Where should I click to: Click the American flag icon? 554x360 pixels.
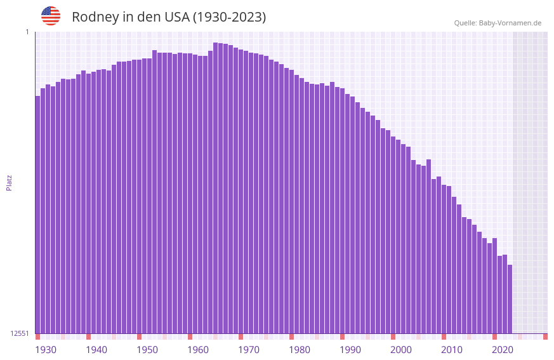point(51,16)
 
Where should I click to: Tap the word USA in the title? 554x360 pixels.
point(173,17)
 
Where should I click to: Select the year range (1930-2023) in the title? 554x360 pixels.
point(229,17)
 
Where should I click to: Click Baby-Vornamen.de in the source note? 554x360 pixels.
point(510,23)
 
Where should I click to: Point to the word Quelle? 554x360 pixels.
point(465,23)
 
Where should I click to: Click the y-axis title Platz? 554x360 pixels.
point(9,182)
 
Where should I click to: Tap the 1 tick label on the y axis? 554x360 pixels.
point(27,32)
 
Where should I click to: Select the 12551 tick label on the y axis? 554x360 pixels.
point(20,333)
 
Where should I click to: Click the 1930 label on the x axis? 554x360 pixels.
point(46,350)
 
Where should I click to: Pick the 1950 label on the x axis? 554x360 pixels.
point(147,350)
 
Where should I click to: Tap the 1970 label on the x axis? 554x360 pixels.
point(249,350)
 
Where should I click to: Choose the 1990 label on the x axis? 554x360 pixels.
point(350,350)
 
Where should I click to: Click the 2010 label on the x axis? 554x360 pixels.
point(452,350)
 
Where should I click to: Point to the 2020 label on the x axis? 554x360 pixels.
point(503,350)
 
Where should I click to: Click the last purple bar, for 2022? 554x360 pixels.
point(510,299)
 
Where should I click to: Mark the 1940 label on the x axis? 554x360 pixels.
point(96,350)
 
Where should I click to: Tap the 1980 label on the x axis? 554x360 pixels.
point(300,350)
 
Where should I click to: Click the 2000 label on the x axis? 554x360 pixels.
point(401,350)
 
